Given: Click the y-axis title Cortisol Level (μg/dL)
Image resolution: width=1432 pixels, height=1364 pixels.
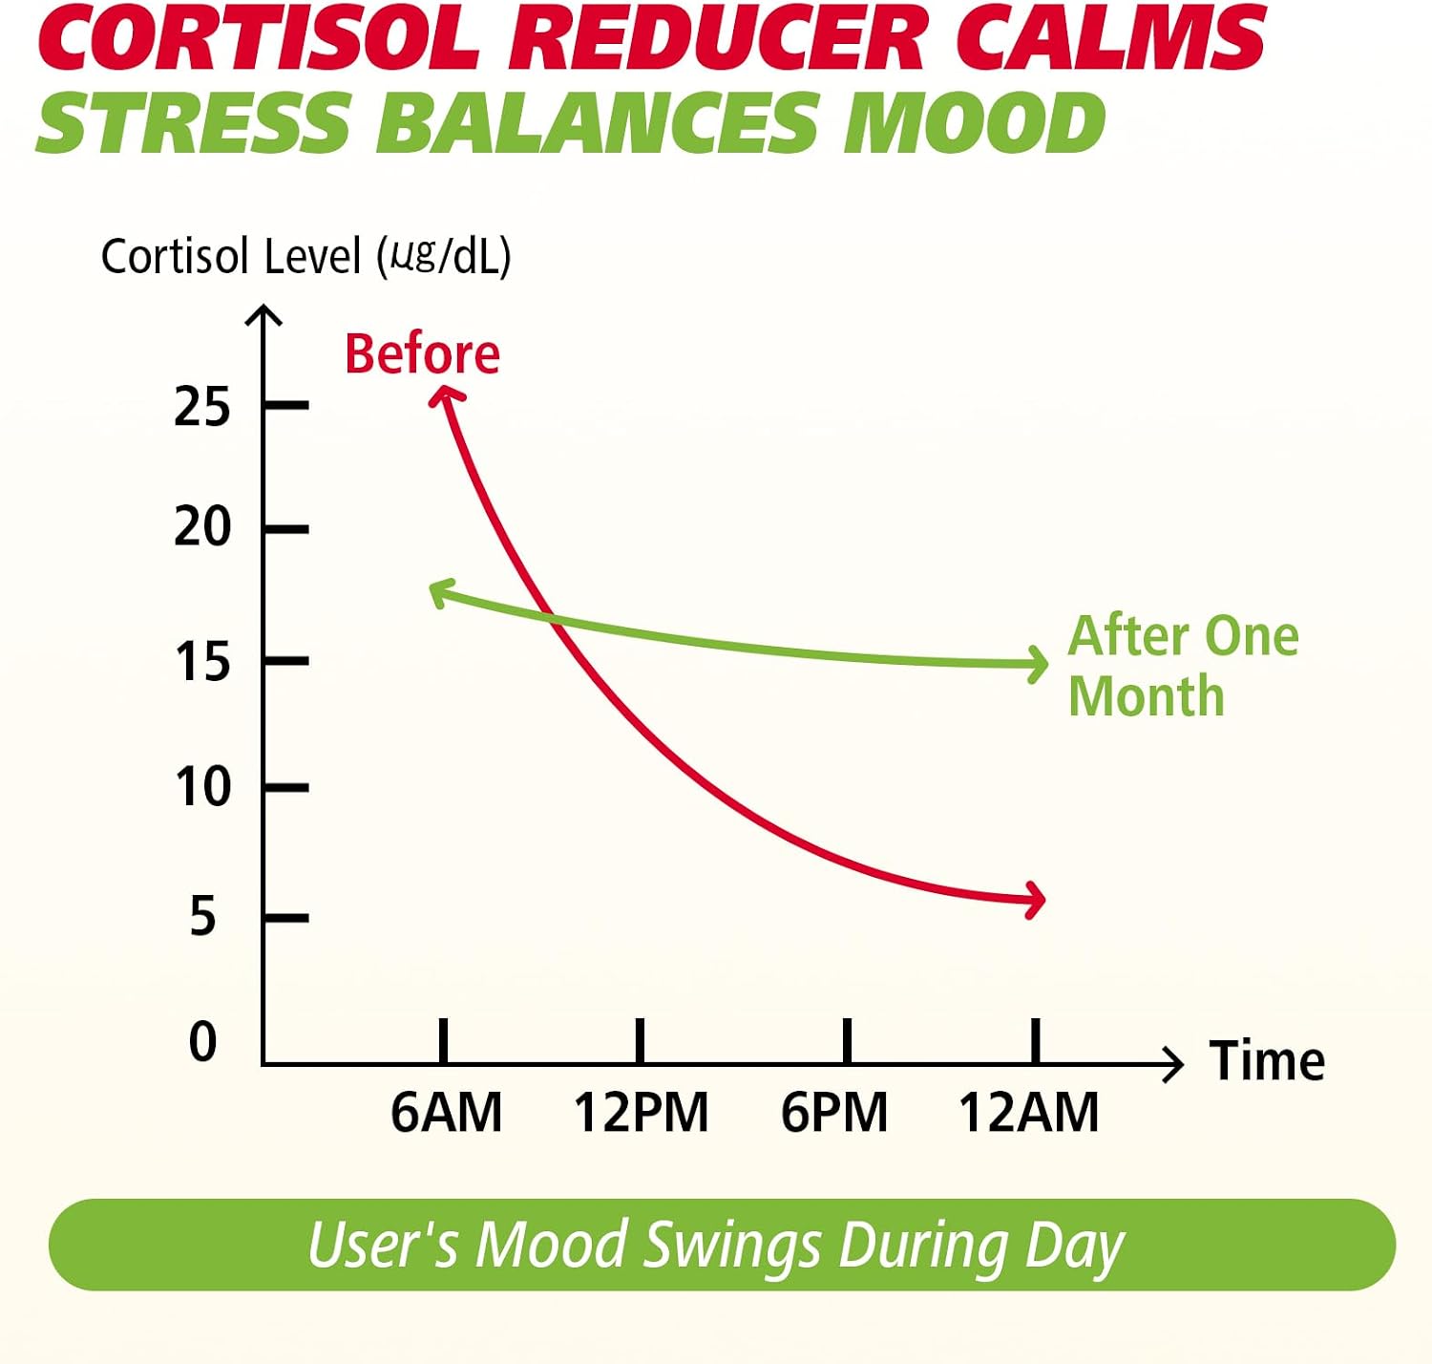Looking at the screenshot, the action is point(305,256).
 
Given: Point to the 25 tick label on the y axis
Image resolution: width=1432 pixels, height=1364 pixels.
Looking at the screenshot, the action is point(202,406).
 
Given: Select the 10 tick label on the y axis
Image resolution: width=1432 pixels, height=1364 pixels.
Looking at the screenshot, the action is point(202,787).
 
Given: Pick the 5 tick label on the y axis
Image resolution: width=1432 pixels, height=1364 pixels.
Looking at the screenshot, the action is point(203,916).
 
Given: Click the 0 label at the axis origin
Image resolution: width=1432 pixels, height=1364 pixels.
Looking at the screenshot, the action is point(203,1042).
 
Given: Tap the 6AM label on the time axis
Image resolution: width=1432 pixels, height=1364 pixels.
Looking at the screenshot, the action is point(447,1113).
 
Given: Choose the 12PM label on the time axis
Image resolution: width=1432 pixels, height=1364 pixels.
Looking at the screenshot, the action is point(641,1113).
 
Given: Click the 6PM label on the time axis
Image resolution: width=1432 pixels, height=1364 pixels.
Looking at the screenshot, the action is point(834,1113).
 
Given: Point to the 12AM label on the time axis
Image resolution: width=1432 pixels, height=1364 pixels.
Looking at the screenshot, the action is point(1028,1113).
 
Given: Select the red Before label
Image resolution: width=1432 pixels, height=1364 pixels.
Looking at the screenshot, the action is point(423,354).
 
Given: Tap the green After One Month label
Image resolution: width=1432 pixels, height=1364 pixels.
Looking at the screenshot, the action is point(1183,666).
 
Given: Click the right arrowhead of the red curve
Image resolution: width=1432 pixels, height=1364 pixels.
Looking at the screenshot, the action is point(1035,901).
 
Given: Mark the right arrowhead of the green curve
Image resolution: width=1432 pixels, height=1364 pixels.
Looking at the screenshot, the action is point(1037,664).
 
